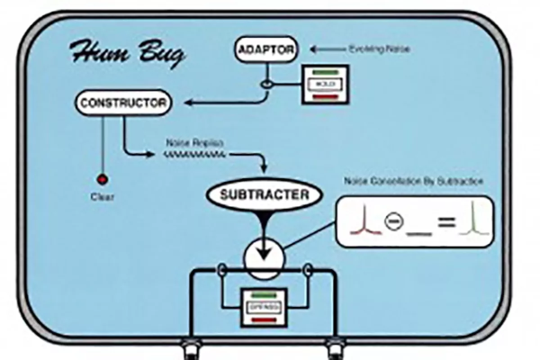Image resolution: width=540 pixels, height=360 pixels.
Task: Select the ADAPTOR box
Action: [x=266, y=49]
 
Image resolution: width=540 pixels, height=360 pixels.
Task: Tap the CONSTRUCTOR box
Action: [x=123, y=103]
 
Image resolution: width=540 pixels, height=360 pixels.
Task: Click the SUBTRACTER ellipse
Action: [x=264, y=195]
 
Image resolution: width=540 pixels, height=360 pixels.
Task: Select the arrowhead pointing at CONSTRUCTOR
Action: [x=189, y=103]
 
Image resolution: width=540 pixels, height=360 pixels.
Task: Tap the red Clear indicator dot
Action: [x=103, y=180]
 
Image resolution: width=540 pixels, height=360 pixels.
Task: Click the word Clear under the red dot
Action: [x=102, y=197]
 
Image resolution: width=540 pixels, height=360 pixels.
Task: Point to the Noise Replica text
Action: [x=194, y=143]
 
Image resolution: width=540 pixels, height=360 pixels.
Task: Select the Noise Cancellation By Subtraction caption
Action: [x=414, y=181]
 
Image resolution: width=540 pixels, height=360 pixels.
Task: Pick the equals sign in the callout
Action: [x=447, y=221]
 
